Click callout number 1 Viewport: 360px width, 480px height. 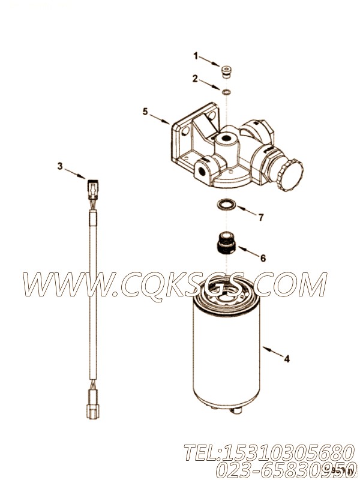[x=195, y=56]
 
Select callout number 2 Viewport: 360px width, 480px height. [x=195, y=78]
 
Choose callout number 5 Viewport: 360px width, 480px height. [x=145, y=111]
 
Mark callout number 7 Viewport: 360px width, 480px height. [x=260, y=217]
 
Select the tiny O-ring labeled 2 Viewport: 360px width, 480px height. [x=227, y=92]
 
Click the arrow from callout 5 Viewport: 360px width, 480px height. [x=161, y=119]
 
